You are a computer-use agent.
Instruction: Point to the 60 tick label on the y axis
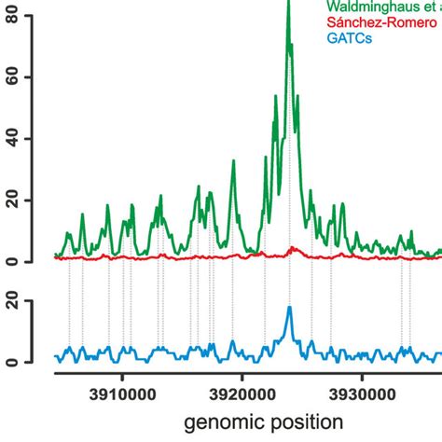coord(12,77)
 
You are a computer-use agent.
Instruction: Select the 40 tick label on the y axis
coord(12,139)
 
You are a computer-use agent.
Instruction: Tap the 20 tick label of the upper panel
coord(12,200)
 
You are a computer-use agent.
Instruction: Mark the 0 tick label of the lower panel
coord(12,361)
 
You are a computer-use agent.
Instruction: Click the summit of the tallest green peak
coord(288,4)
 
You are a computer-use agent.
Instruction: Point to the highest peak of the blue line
coord(289,308)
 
